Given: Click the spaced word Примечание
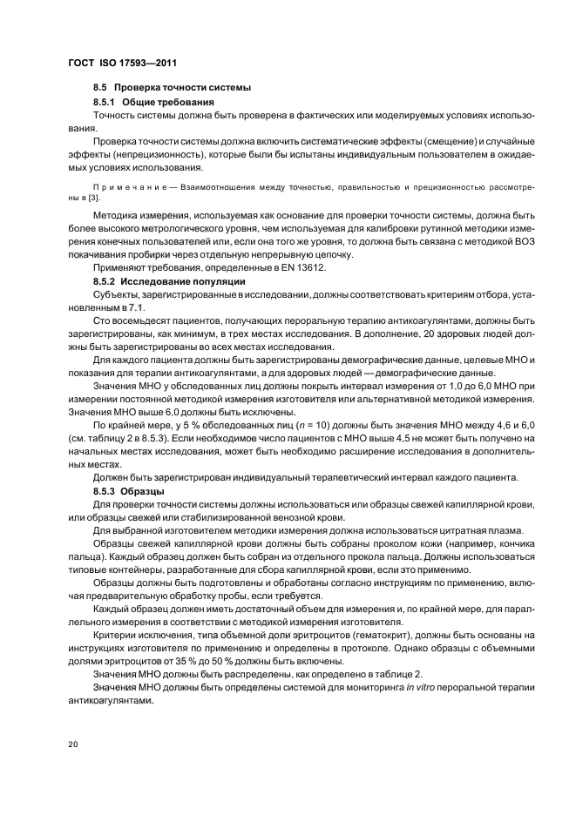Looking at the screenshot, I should [x=122, y=186].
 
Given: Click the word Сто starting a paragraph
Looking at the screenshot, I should [x=103, y=321].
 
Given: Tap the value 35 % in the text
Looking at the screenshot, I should [x=155, y=662].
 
